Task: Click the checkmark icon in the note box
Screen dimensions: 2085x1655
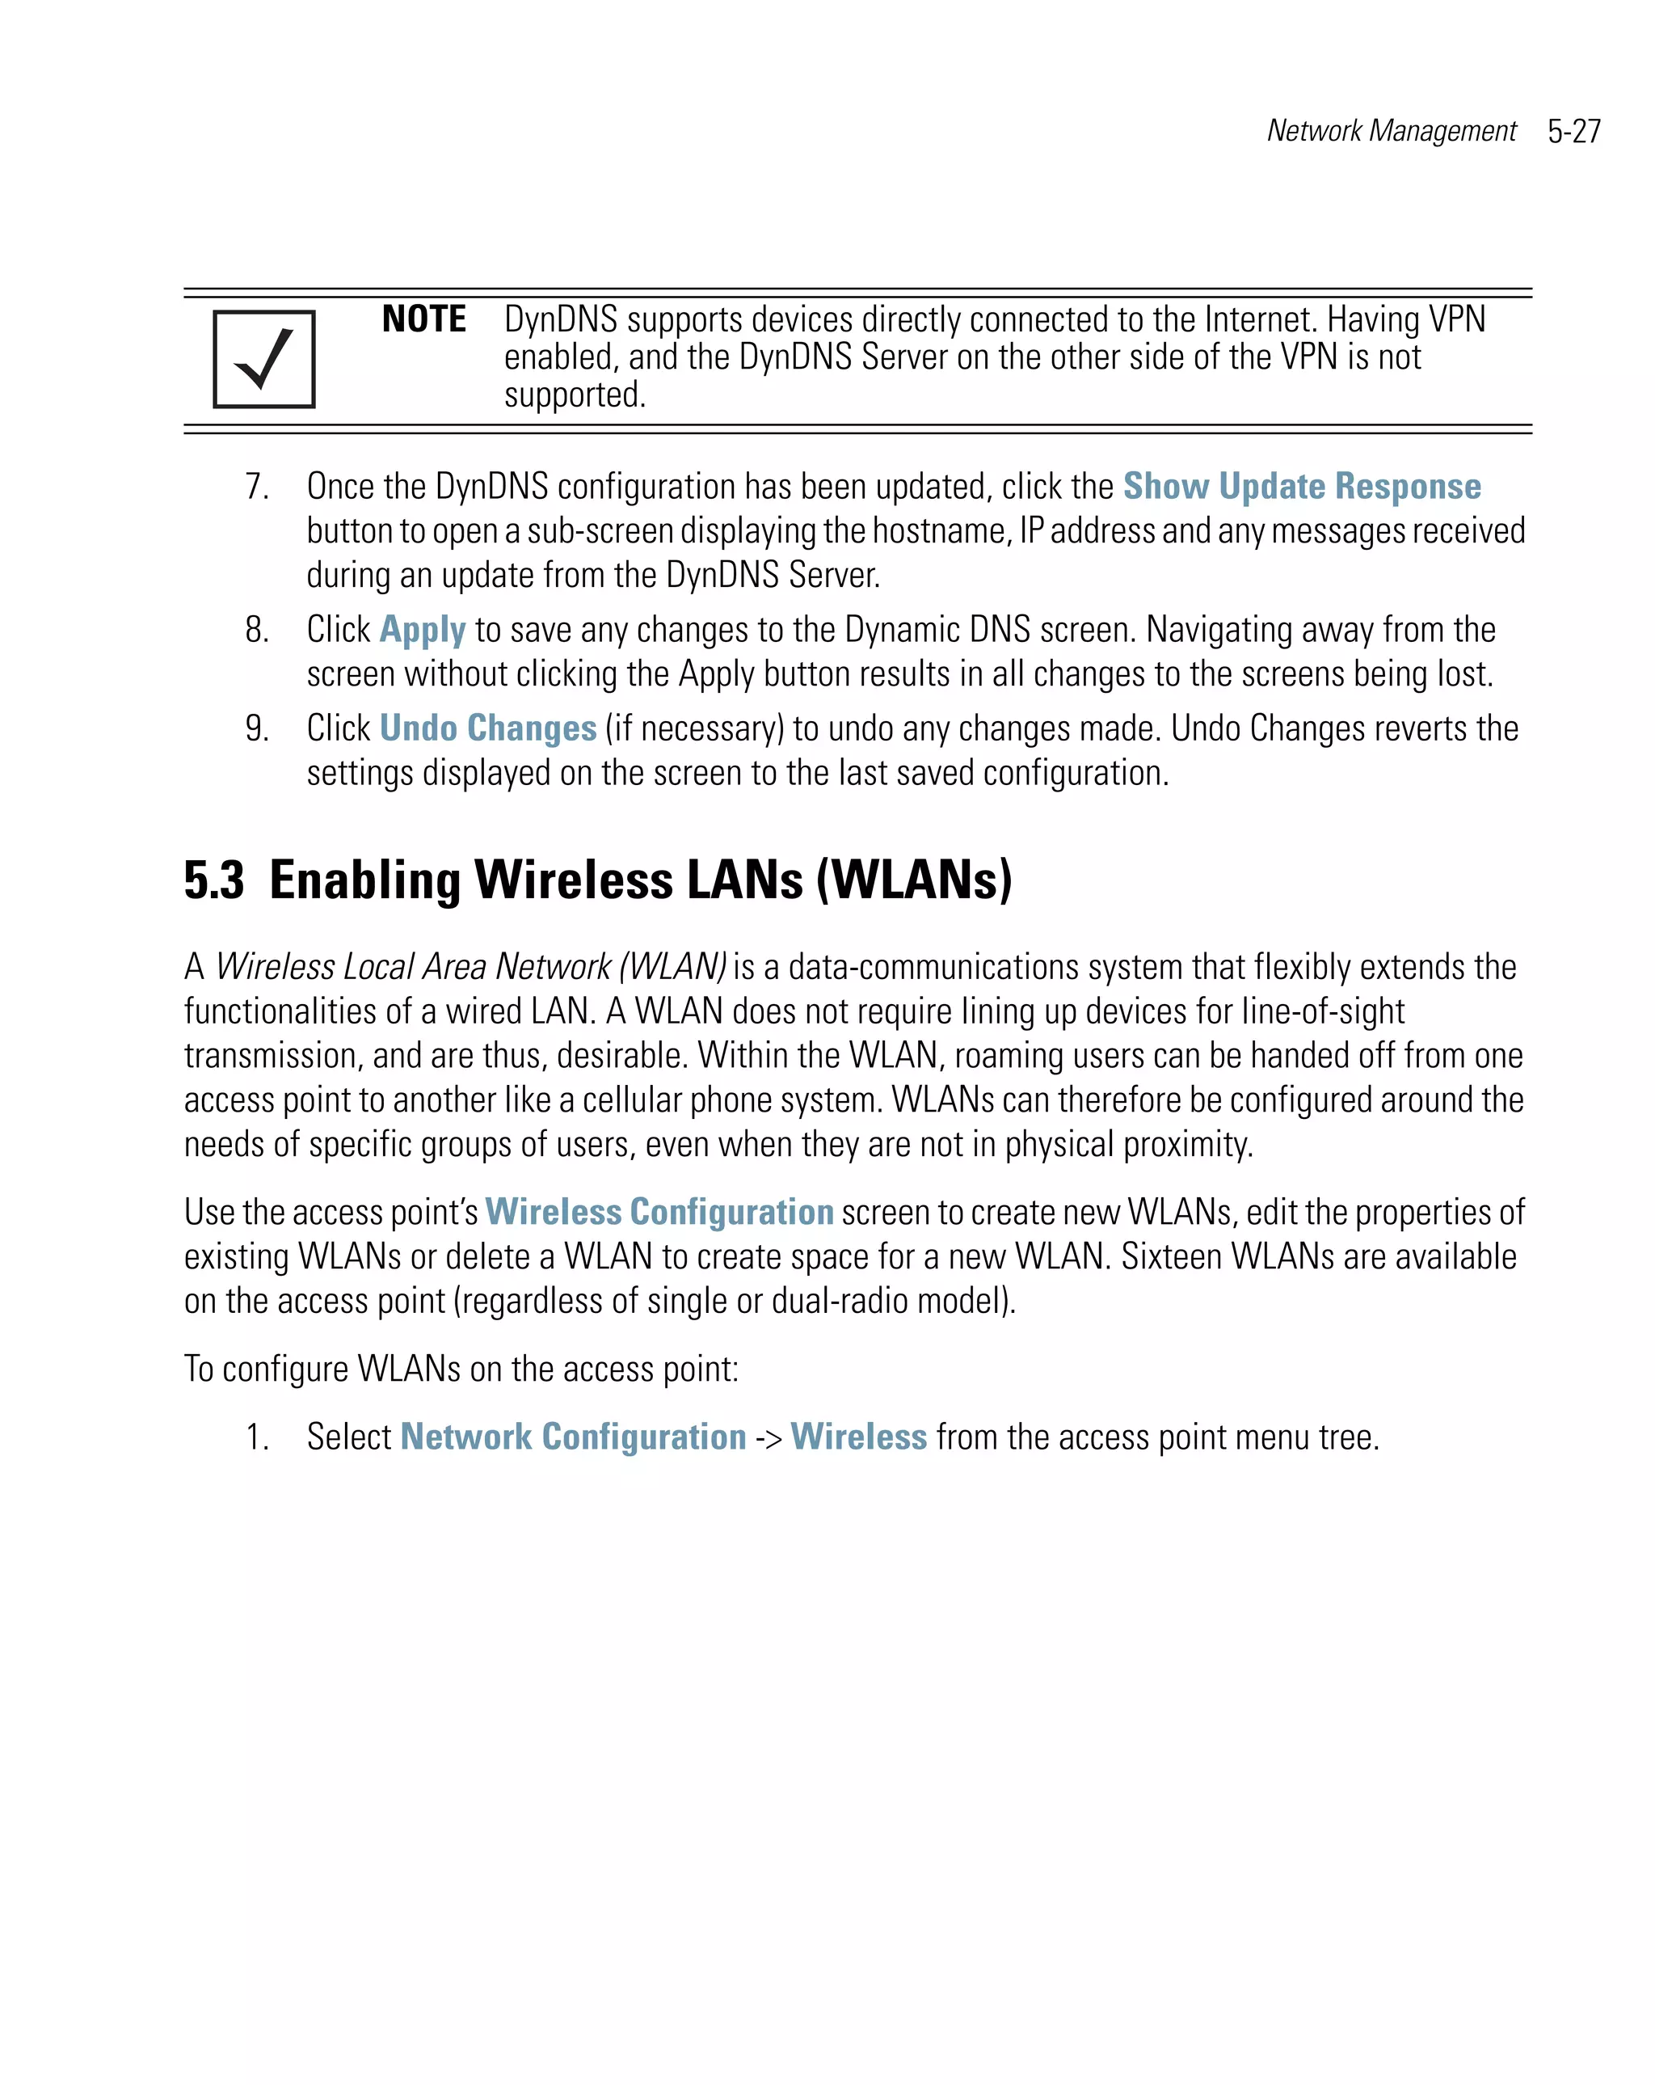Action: [x=264, y=359]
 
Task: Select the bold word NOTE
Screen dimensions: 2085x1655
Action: [x=423, y=319]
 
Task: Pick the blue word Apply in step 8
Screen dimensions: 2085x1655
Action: [x=423, y=630]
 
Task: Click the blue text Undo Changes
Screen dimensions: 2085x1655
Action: [x=487, y=728]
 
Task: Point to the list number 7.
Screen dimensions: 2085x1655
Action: [x=256, y=487]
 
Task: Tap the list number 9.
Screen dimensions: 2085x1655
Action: [x=256, y=728]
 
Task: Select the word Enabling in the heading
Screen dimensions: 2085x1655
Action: [x=364, y=880]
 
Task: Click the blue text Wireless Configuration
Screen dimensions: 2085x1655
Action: [x=659, y=1212]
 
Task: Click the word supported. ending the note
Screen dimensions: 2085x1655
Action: [x=575, y=395]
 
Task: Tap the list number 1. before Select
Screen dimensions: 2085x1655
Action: [x=256, y=1437]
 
